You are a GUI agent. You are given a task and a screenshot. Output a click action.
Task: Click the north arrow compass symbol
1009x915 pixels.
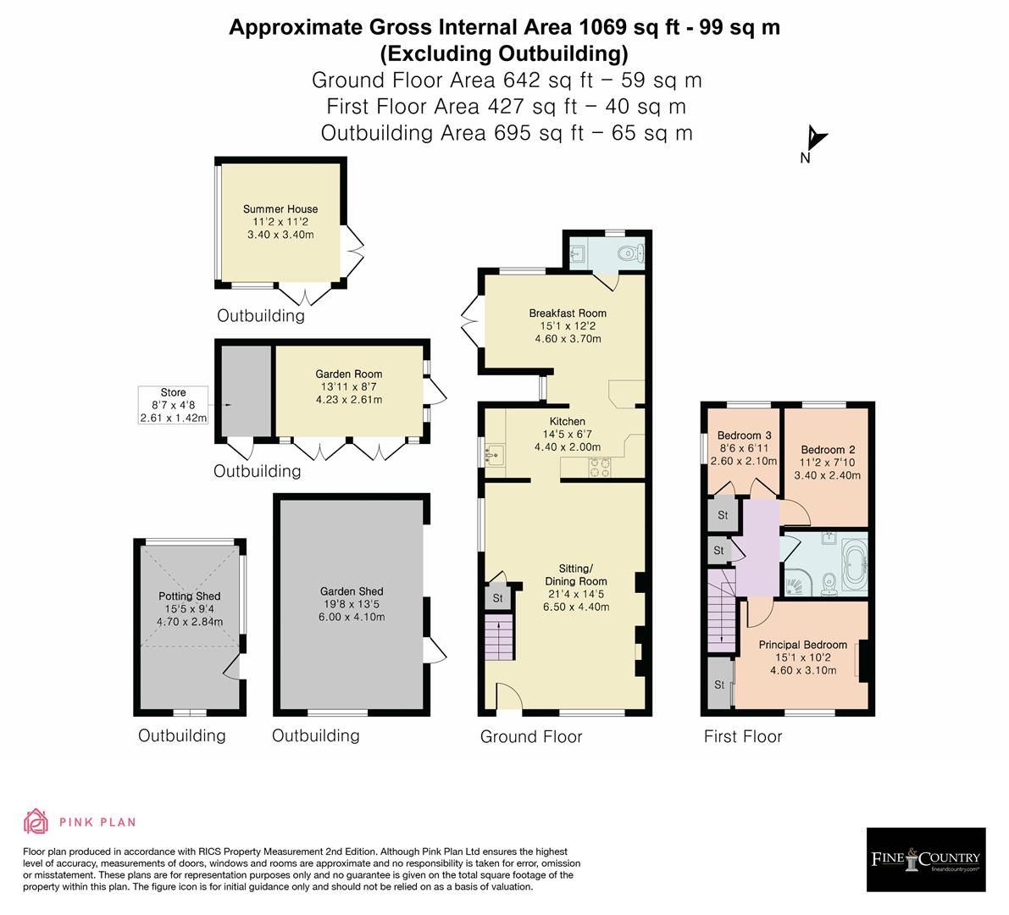click(x=815, y=141)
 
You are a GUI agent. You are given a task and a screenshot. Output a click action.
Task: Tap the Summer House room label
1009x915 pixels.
click(x=280, y=209)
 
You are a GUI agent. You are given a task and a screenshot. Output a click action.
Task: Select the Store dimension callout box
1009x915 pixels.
click(x=173, y=406)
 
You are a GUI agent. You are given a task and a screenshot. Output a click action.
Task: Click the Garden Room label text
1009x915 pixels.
click(x=348, y=374)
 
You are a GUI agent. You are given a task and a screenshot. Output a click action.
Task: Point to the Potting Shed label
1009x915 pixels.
click(x=189, y=596)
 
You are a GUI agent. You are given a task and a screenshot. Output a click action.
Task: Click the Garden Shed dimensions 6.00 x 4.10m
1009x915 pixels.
click(x=352, y=617)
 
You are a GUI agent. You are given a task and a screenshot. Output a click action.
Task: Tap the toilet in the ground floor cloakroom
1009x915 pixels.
click(x=629, y=252)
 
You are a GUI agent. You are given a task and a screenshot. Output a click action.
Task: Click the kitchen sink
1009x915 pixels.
click(x=495, y=456)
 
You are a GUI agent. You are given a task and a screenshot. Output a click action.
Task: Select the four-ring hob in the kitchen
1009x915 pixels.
click(x=601, y=465)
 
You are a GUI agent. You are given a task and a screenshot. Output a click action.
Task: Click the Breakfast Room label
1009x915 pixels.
click(x=568, y=313)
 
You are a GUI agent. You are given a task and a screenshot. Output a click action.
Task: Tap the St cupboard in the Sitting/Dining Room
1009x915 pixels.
click(x=497, y=598)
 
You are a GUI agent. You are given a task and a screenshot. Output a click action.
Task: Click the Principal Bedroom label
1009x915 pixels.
click(x=802, y=645)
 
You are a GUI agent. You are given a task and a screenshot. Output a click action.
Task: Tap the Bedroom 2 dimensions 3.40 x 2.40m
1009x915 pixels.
click(x=827, y=475)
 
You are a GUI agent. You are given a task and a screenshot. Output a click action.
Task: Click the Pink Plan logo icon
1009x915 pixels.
click(x=36, y=822)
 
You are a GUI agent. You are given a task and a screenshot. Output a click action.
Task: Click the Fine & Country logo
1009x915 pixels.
click(x=925, y=859)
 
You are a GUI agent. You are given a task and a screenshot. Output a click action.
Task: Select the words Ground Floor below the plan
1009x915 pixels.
click(x=531, y=736)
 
